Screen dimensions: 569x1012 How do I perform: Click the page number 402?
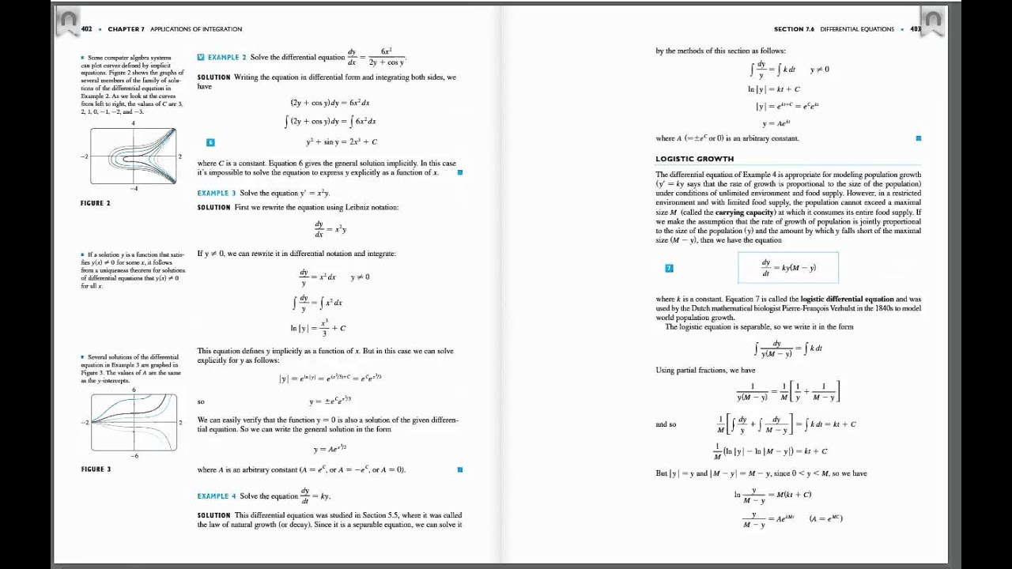(86, 29)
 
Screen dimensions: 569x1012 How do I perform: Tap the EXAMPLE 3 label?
(217, 193)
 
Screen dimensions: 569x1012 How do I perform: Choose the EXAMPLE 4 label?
(217, 496)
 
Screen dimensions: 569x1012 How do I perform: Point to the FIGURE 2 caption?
(96, 203)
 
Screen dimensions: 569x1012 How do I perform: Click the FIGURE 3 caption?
(96, 469)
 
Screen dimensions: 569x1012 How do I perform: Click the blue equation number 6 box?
(210, 142)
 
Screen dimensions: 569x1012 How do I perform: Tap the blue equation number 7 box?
(669, 268)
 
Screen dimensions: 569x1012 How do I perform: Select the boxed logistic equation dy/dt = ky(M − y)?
(787, 267)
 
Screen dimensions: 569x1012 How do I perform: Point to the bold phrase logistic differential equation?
(847, 300)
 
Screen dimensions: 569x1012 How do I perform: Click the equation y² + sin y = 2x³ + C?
(342, 142)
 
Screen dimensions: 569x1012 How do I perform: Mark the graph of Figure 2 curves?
(133, 156)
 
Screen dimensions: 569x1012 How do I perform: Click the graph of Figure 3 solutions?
(133, 422)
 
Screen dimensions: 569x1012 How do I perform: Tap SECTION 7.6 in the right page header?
(793, 29)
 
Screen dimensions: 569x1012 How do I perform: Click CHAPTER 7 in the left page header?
(126, 29)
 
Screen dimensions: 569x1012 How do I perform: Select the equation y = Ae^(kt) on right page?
(776, 123)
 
